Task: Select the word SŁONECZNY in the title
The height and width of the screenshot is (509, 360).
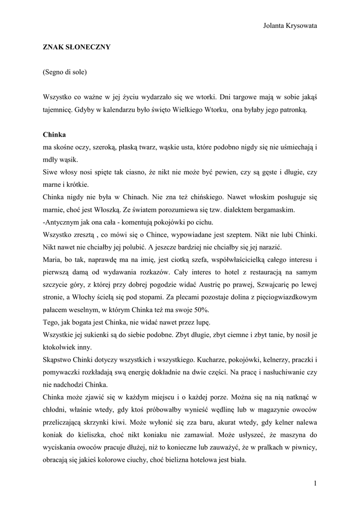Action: point(85,47)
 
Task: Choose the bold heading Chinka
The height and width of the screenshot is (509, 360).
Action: point(55,135)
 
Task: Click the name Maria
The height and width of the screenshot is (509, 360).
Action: point(52,259)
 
